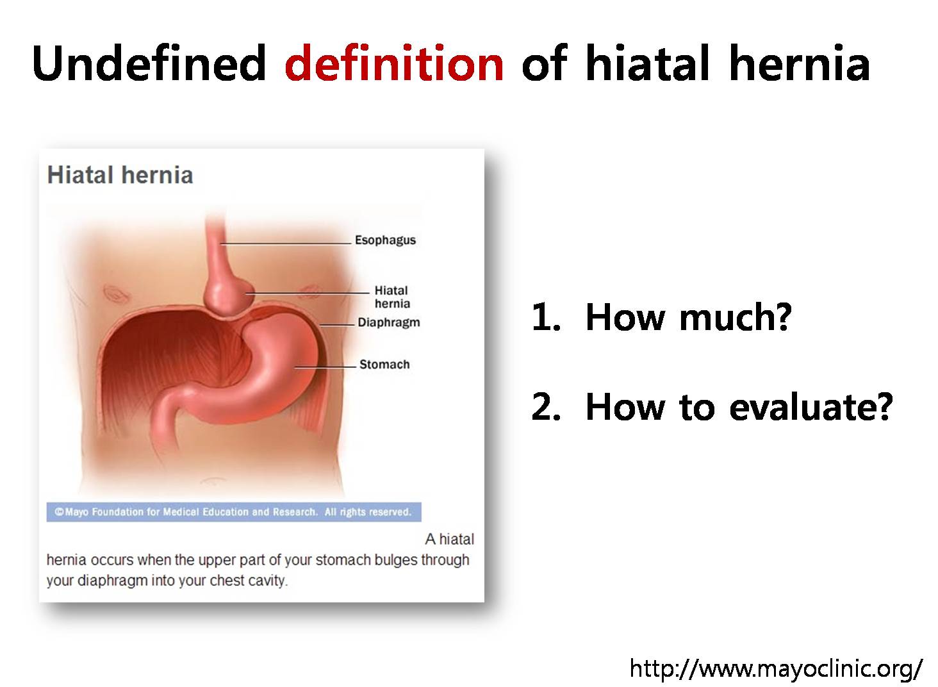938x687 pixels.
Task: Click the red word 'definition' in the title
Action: point(394,63)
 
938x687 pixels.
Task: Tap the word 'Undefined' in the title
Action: point(149,63)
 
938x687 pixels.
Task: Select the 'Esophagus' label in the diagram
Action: point(385,240)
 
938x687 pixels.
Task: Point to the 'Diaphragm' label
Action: point(389,322)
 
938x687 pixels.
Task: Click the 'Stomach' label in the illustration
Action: point(384,365)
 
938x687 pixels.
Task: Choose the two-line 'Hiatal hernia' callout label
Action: point(392,297)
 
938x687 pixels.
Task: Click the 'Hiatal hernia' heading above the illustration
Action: point(120,175)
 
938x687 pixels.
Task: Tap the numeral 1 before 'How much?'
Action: point(545,317)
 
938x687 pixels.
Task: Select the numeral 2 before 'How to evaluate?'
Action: point(546,407)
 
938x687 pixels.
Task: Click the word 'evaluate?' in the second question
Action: point(811,407)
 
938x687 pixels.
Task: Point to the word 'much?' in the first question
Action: point(736,317)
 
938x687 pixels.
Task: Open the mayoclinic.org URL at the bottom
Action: point(776,668)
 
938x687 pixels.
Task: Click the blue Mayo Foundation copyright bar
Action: point(234,512)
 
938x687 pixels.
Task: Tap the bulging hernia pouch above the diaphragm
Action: point(228,295)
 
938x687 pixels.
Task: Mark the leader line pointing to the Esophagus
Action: point(286,243)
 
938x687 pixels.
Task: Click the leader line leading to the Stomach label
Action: point(325,367)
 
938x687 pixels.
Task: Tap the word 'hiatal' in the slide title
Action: point(647,63)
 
